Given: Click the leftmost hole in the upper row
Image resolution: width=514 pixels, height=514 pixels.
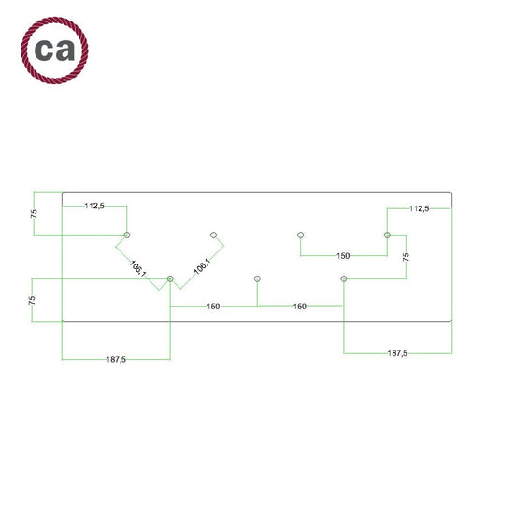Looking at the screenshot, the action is point(127,235).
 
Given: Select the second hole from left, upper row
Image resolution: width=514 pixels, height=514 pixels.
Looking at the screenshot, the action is point(213,235).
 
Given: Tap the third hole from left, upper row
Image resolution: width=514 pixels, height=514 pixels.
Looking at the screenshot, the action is point(300,235).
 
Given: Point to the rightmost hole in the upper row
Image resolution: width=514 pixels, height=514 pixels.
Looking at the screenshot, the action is point(387,235).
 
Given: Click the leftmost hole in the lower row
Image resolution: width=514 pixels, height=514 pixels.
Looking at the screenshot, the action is point(170,278).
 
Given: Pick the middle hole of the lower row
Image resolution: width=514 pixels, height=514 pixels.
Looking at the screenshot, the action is point(257,278).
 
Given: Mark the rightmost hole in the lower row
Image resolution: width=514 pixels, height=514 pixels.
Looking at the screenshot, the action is point(344,278).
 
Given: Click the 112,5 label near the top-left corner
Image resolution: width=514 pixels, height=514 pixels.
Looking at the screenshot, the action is point(94,206).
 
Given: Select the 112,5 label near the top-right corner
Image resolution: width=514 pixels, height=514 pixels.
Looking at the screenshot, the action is point(419,208).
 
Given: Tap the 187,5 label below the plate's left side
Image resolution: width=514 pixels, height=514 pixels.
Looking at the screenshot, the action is point(116,359).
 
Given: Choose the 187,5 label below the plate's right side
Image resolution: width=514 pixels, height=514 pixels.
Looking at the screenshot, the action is point(397,353).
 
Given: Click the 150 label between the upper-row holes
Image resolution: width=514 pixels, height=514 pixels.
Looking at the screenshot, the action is point(343,256).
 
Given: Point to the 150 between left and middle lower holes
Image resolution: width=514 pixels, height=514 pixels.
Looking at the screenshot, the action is point(213,307).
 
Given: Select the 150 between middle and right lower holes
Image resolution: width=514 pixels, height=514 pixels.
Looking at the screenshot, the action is point(300,307).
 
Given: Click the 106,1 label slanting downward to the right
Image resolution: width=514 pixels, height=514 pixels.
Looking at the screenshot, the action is point(138,268).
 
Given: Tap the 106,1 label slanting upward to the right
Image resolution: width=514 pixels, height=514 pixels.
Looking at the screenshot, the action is point(202,265).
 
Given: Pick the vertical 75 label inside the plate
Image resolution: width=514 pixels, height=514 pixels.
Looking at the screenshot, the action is point(406,257).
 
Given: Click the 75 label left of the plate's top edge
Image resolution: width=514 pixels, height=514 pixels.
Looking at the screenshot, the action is point(34,214).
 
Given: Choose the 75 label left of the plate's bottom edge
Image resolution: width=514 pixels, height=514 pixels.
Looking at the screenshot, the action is point(32,300).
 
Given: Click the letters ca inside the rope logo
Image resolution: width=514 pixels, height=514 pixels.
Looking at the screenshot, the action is point(54,50).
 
